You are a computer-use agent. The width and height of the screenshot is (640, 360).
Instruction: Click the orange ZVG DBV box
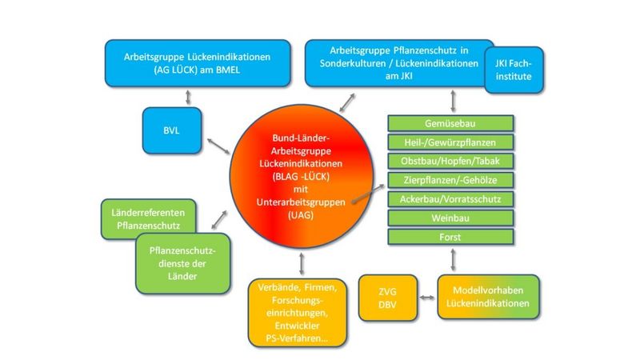389,298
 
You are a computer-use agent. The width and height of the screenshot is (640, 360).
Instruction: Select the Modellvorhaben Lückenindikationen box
487,298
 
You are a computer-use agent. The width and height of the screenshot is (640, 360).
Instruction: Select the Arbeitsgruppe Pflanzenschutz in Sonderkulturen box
396,64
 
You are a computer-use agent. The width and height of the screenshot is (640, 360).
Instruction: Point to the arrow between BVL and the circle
218,146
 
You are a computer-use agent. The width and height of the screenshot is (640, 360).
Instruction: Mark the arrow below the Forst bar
454,260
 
